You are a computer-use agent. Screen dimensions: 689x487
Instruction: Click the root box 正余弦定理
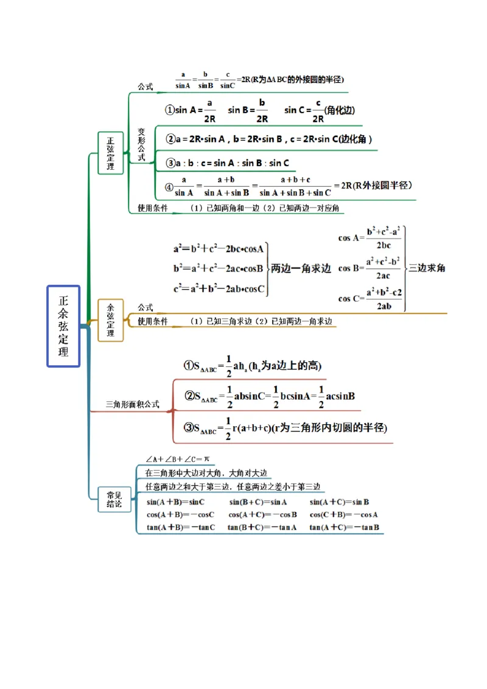point(63,326)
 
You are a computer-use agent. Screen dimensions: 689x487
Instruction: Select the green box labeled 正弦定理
point(110,153)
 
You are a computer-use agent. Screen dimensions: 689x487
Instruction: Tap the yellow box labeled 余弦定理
point(110,320)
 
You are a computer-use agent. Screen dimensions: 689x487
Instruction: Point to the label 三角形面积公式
point(132,404)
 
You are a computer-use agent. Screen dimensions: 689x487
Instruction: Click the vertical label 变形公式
point(141,144)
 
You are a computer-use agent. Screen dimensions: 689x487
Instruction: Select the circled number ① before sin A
point(170,110)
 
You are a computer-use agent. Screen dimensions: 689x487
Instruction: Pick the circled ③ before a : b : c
point(170,163)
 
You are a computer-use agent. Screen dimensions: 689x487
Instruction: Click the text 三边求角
point(427,267)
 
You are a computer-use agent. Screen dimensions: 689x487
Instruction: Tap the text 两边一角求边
point(301,268)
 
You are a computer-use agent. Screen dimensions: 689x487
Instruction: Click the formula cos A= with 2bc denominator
point(370,238)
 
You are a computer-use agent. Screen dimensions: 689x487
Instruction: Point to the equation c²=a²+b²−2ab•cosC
point(219,290)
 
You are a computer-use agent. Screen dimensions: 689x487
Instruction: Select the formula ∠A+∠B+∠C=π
point(177,459)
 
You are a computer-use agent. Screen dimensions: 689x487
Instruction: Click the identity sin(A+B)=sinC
point(175,502)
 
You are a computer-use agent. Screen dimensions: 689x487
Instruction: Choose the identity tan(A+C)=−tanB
point(344,527)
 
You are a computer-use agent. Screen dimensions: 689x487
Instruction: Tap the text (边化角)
point(340,110)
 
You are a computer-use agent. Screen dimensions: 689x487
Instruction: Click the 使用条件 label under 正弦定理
point(152,208)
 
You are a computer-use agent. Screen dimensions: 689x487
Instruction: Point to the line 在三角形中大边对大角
point(206,473)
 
